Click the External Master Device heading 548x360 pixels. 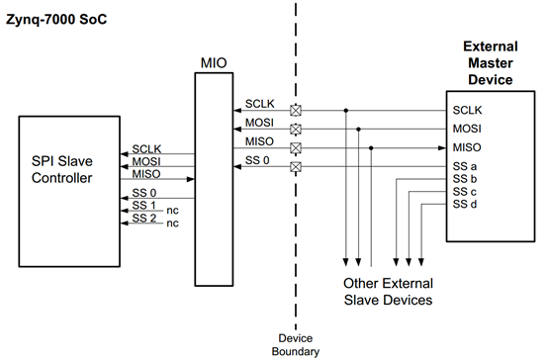(x=491, y=63)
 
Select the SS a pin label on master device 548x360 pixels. (x=466, y=166)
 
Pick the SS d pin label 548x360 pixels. (x=466, y=205)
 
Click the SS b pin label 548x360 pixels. (x=466, y=179)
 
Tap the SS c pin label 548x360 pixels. (x=466, y=192)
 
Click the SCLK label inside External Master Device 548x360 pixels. (x=469, y=110)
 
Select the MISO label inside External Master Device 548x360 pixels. (x=468, y=147)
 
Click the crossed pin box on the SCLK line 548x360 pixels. (x=294, y=110)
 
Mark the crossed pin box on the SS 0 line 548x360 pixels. (x=294, y=167)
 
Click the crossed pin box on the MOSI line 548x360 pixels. (x=294, y=129)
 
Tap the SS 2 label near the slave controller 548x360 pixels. (x=143, y=218)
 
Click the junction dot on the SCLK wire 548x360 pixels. (x=346, y=110)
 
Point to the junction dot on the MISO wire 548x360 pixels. (x=371, y=147)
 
